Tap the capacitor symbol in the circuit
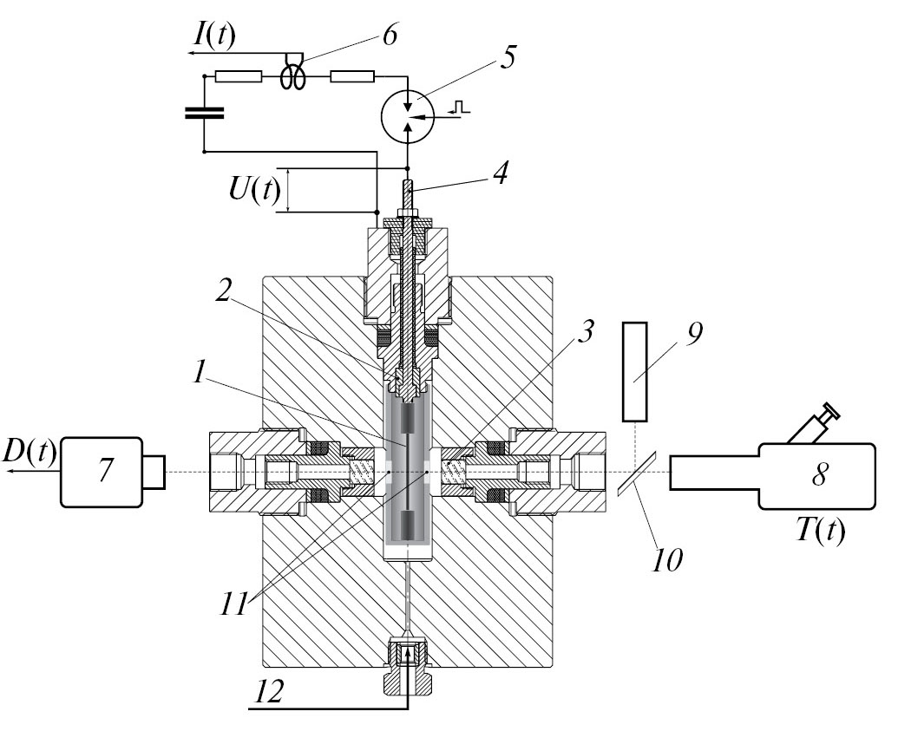pos(204,112)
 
